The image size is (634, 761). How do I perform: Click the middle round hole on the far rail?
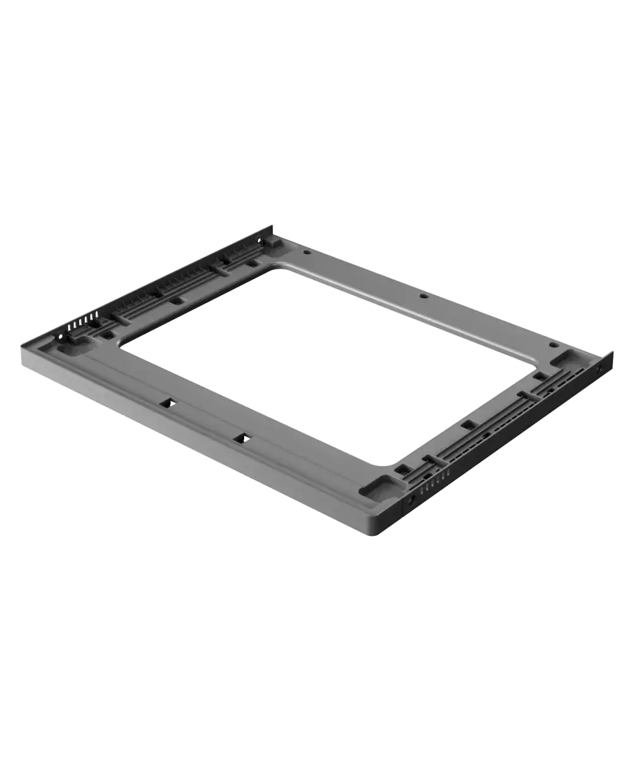[423, 296]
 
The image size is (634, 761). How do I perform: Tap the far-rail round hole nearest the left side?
[307, 252]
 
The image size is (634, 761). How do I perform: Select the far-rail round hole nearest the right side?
[553, 346]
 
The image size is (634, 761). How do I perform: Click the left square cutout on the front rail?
[169, 402]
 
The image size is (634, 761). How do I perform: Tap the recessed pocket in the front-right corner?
[382, 487]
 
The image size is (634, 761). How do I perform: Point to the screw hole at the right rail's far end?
[600, 366]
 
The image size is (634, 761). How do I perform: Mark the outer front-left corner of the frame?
[19, 348]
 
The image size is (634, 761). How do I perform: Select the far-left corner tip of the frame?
[272, 224]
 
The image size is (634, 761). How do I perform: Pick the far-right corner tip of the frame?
[614, 353]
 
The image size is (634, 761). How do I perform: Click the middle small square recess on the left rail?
[178, 301]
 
